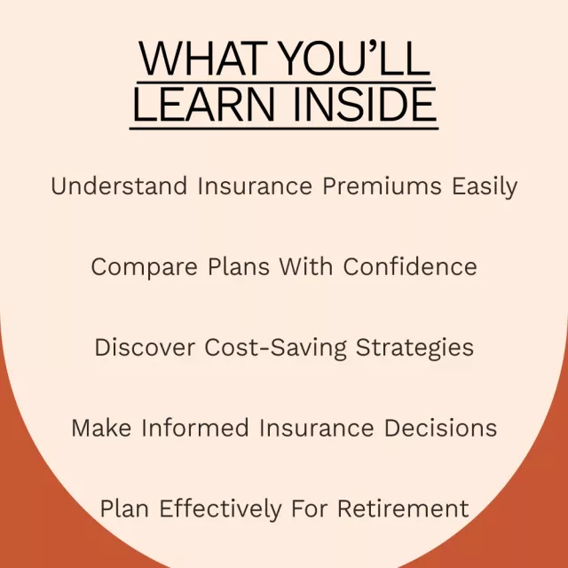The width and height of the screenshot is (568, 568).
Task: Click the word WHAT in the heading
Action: (203, 59)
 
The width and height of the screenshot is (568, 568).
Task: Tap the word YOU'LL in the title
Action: (355, 59)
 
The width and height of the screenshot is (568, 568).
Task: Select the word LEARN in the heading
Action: (204, 104)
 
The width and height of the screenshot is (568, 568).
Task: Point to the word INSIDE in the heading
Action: (365, 104)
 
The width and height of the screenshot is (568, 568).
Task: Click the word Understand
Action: (119, 185)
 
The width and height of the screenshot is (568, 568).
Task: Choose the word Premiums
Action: (383, 186)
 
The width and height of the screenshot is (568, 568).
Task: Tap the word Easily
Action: (485, 187)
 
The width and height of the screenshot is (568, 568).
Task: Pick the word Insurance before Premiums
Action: (255, 185)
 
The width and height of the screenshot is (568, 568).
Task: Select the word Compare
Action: (144, 268)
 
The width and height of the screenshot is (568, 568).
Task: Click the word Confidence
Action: (410, 266)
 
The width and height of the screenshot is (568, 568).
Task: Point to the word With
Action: (306, 266)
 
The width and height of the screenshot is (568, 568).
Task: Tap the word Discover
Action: (145, 347)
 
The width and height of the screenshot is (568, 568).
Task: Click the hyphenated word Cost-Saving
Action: (275, 349)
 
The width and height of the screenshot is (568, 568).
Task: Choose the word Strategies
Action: (414, 349)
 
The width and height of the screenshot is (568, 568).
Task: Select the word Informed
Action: (195, 428)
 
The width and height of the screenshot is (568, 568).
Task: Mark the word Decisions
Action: (440, 428)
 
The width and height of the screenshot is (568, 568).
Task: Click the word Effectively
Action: (221, 509)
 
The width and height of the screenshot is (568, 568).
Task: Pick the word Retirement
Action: (403, 509)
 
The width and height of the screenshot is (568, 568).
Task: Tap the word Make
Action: (101, 428)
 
